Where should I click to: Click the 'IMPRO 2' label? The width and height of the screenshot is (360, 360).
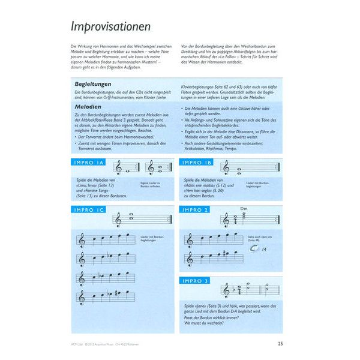[196, 210]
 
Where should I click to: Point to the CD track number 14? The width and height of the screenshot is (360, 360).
[264, 251]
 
